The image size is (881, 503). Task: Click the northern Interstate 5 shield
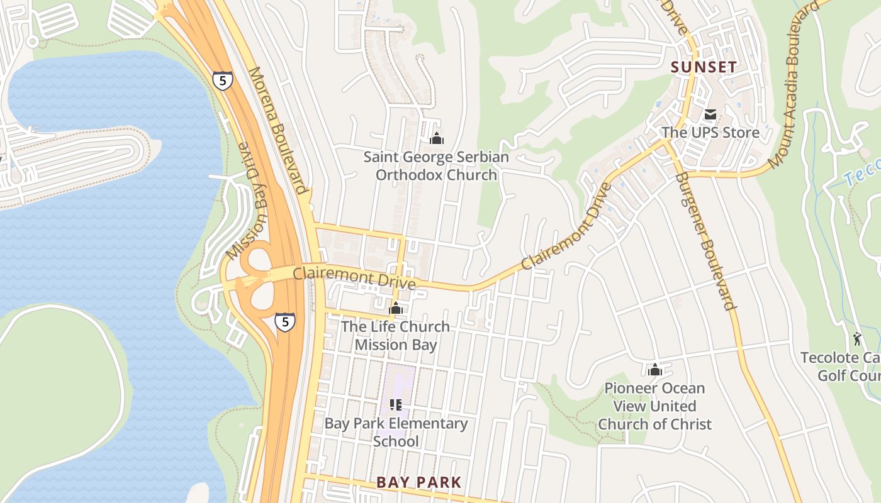222,80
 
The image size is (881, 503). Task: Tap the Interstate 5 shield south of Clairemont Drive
285,322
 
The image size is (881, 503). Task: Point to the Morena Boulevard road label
278,130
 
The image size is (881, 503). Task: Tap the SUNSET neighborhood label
703,67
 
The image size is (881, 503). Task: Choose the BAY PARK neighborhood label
418,482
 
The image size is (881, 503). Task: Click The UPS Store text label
710,133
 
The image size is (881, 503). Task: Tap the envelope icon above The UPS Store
710,114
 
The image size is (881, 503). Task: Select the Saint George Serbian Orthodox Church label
436,166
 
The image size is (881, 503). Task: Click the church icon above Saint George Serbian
436,138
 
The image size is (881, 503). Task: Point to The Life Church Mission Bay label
395,336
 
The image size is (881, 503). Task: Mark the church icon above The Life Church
396,308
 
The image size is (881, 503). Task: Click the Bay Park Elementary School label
396,432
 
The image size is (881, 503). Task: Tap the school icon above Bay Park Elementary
396,404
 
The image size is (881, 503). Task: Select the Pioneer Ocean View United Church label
654,406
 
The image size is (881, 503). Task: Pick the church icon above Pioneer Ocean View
655,370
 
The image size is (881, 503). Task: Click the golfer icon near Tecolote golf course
857,340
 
